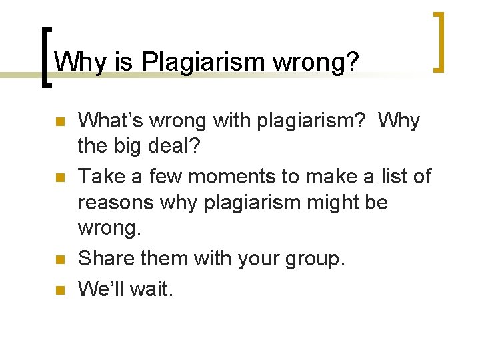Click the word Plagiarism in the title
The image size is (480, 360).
click(203, 62)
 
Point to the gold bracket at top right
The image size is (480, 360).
click(439, 41)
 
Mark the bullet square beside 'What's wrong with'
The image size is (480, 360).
click(59, 122)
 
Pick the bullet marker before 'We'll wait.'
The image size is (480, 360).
click(59, 289)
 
